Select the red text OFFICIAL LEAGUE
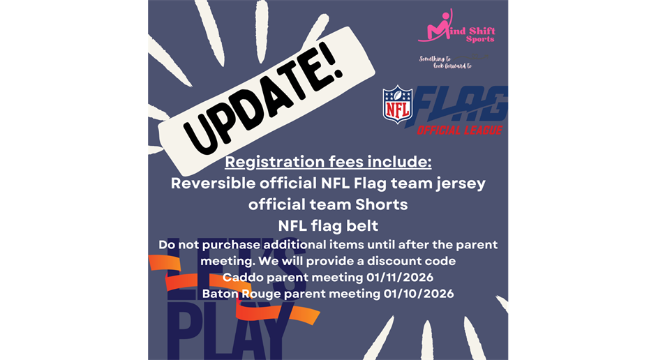459,130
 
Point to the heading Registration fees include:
328,163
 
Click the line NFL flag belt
328,227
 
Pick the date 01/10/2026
419,294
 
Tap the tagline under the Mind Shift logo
447,62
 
